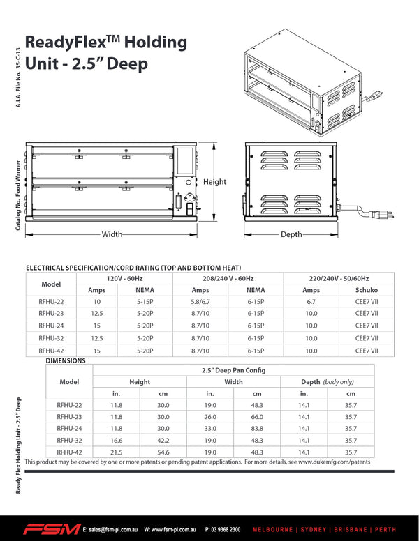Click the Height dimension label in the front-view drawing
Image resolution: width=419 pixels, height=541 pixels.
215,182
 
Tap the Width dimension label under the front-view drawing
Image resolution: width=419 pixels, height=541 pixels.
112,234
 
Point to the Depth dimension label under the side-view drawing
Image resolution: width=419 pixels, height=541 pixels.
291,234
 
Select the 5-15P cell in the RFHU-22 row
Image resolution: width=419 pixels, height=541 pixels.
145,302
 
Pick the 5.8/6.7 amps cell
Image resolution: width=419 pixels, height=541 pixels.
200,302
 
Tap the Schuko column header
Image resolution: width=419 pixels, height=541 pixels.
367,290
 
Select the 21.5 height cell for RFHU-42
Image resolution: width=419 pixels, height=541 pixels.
116,452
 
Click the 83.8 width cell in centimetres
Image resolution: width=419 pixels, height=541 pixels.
257,429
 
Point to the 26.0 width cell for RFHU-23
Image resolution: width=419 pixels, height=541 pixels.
210,417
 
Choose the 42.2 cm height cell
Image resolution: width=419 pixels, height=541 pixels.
163,441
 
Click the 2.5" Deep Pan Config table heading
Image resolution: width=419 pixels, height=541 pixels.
234,370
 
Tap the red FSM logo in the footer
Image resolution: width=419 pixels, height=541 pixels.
51,529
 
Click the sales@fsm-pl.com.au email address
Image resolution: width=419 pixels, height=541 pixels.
111,530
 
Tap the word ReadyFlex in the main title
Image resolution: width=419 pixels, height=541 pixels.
66,42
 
